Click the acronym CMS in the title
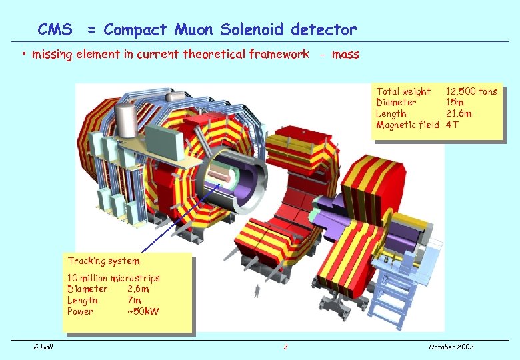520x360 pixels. (x=55, y=29)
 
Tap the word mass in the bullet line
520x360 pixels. (x=345, y=54)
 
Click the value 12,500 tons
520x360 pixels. (x=471, y=91)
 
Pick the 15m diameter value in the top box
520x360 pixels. (x=455, y=103)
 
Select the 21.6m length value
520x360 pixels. (x=459, y=113)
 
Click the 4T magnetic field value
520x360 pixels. (x=452, y=125)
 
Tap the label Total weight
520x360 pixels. (x=403, y=91)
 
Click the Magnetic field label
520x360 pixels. (x=407, y=125)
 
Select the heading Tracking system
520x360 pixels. (x=103, y=261)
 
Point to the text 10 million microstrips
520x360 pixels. (x=113, y=278)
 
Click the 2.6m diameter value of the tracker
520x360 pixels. (x=138, y=289)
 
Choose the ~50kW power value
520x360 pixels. (x=143, y=311)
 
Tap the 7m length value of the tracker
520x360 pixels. (x=133, y=301)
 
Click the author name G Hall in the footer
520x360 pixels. (x=44, y=347)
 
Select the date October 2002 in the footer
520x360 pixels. (x=451, y=347)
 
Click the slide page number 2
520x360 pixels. (x=285, y=347)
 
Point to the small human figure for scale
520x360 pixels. (x=257, y=290)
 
